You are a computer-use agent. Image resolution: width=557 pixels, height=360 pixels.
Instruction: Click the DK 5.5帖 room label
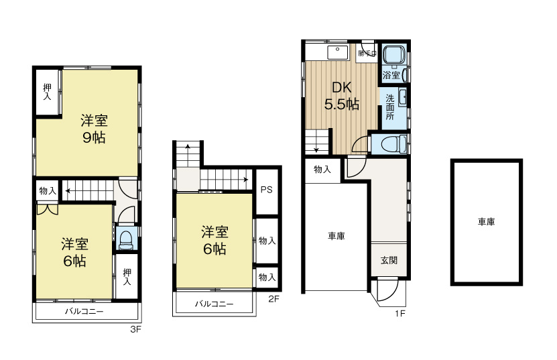(342, 96)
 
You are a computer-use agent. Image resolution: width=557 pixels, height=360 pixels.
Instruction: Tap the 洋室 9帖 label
(94, 129)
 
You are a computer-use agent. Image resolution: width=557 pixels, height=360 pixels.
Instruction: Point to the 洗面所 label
(390, 106)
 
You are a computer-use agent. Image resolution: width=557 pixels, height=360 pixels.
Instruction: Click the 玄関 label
(389, 260)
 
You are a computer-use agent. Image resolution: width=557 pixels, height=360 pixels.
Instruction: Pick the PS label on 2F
(266, 190)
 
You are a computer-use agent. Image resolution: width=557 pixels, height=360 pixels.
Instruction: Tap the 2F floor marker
(273, 299)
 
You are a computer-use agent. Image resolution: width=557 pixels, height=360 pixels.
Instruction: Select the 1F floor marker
(401, 313)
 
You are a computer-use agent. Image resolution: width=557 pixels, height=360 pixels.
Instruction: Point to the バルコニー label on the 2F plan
(214, 304)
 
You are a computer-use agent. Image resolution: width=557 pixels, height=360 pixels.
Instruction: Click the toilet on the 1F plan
(389, 143)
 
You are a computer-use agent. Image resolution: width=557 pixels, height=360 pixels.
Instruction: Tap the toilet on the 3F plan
(125, 239)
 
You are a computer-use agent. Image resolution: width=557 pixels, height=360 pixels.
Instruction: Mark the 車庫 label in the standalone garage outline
(486, 221)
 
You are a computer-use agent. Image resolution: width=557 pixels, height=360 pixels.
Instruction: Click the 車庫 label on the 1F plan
(336, 236)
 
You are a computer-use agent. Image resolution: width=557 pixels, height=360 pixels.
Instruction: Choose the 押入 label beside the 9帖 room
(47, 92)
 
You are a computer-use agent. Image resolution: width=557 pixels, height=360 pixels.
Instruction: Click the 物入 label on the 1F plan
(322, 170)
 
